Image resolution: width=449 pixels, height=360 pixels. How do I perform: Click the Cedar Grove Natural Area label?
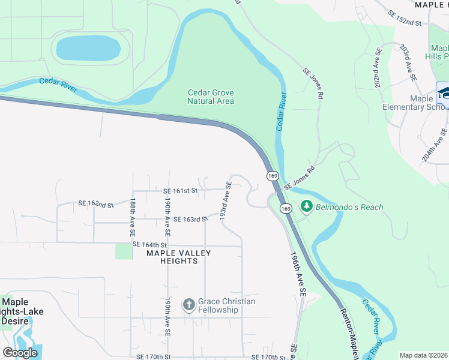(x=211, y=97)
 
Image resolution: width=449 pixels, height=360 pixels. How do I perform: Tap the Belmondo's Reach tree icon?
(x=307, y=207)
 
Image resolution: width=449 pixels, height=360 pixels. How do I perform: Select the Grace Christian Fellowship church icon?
(x=188, y=305)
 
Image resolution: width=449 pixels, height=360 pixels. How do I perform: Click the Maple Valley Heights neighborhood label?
(x=179, y=257)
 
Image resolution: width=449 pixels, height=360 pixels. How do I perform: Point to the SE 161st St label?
(x=180, y=191)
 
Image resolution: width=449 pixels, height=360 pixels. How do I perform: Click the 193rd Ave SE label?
(x=225, y=201)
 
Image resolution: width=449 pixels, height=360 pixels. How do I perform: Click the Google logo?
(x=20, y=353)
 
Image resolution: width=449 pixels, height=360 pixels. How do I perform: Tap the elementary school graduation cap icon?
(x=444, y=94)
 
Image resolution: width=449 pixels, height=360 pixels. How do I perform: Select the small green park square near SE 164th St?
(x=124, y=251)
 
